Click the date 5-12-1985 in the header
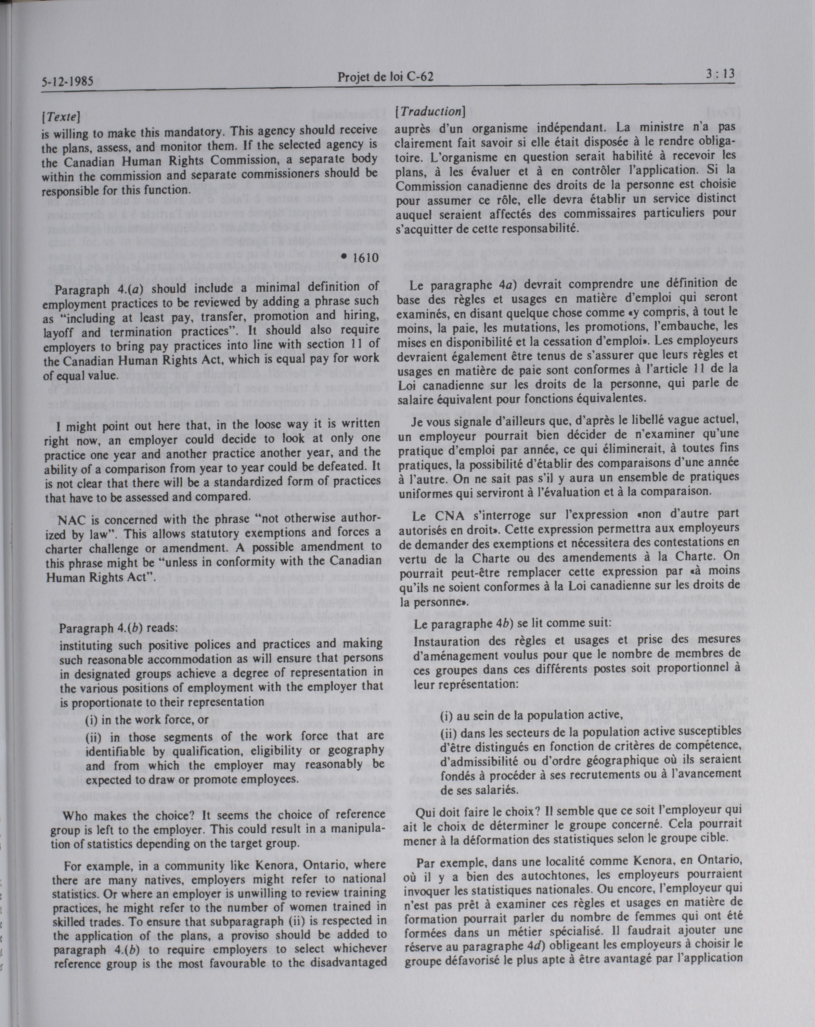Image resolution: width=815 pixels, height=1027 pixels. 67,81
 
